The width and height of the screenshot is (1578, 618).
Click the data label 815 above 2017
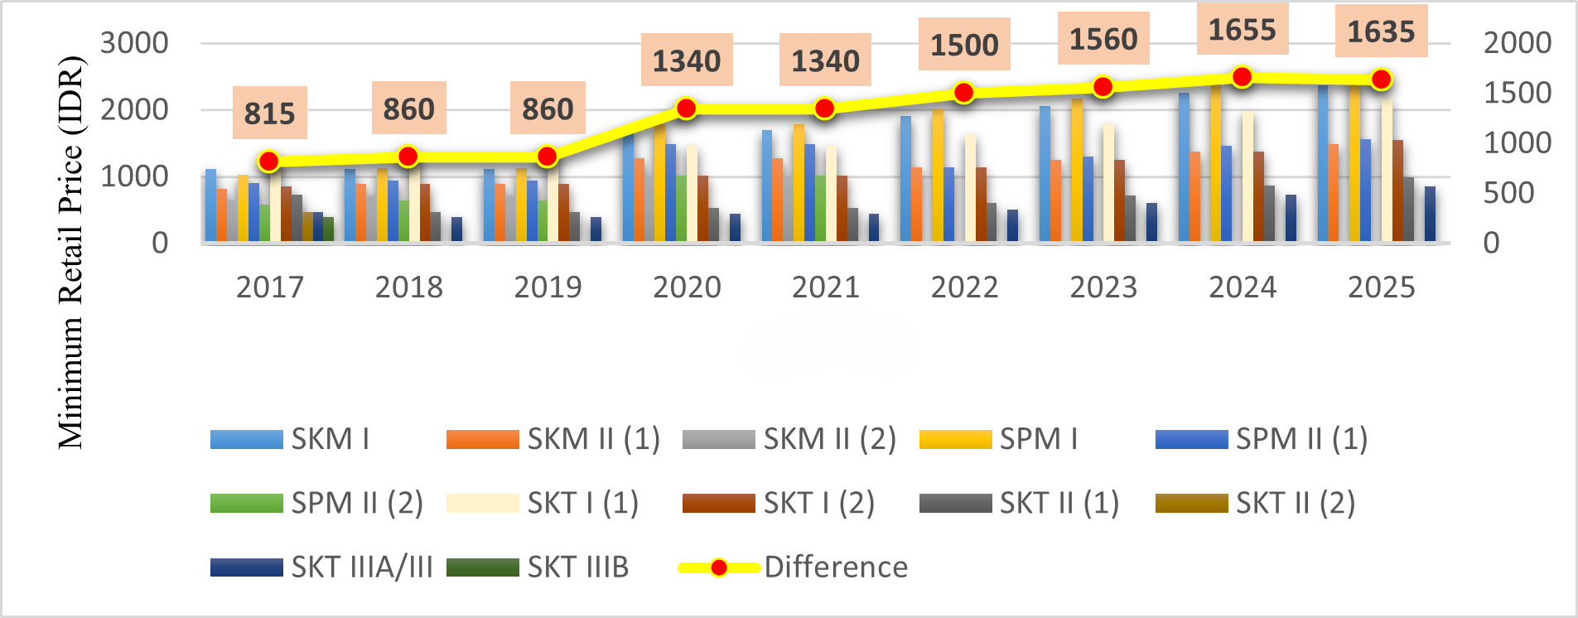[269, 113]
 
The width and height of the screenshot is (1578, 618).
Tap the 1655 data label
[1242, 30]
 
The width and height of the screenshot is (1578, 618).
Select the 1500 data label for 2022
[964, 45]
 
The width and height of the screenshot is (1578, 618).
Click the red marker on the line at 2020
[686, 109]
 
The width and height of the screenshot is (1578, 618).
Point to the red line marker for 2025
[1381, 80]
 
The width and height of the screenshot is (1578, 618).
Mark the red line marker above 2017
[268, 162]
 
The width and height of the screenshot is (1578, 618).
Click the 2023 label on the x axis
[1103, 287]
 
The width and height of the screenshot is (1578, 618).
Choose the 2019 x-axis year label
[548, 287]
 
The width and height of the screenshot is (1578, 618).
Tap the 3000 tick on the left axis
[134, 43]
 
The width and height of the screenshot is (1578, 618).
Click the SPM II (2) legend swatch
[246, 503]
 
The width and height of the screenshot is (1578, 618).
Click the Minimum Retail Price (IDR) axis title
[71, 253]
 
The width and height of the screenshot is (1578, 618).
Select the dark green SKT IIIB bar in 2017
[329, 229]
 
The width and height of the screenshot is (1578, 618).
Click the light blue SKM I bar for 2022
[906, 178]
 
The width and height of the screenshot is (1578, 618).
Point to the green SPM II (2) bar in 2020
[681, 208]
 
